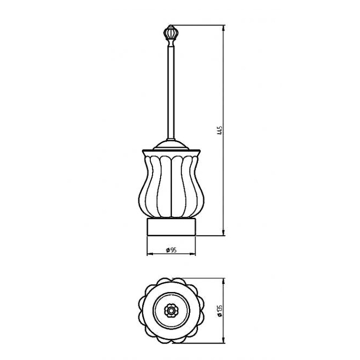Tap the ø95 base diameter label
[x=171, y=250]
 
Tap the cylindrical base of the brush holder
[x=171, y=227]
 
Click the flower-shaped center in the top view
[x=171, y=311]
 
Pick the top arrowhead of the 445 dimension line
[x=223, y=28]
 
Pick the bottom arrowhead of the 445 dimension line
[x=223, y=232]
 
